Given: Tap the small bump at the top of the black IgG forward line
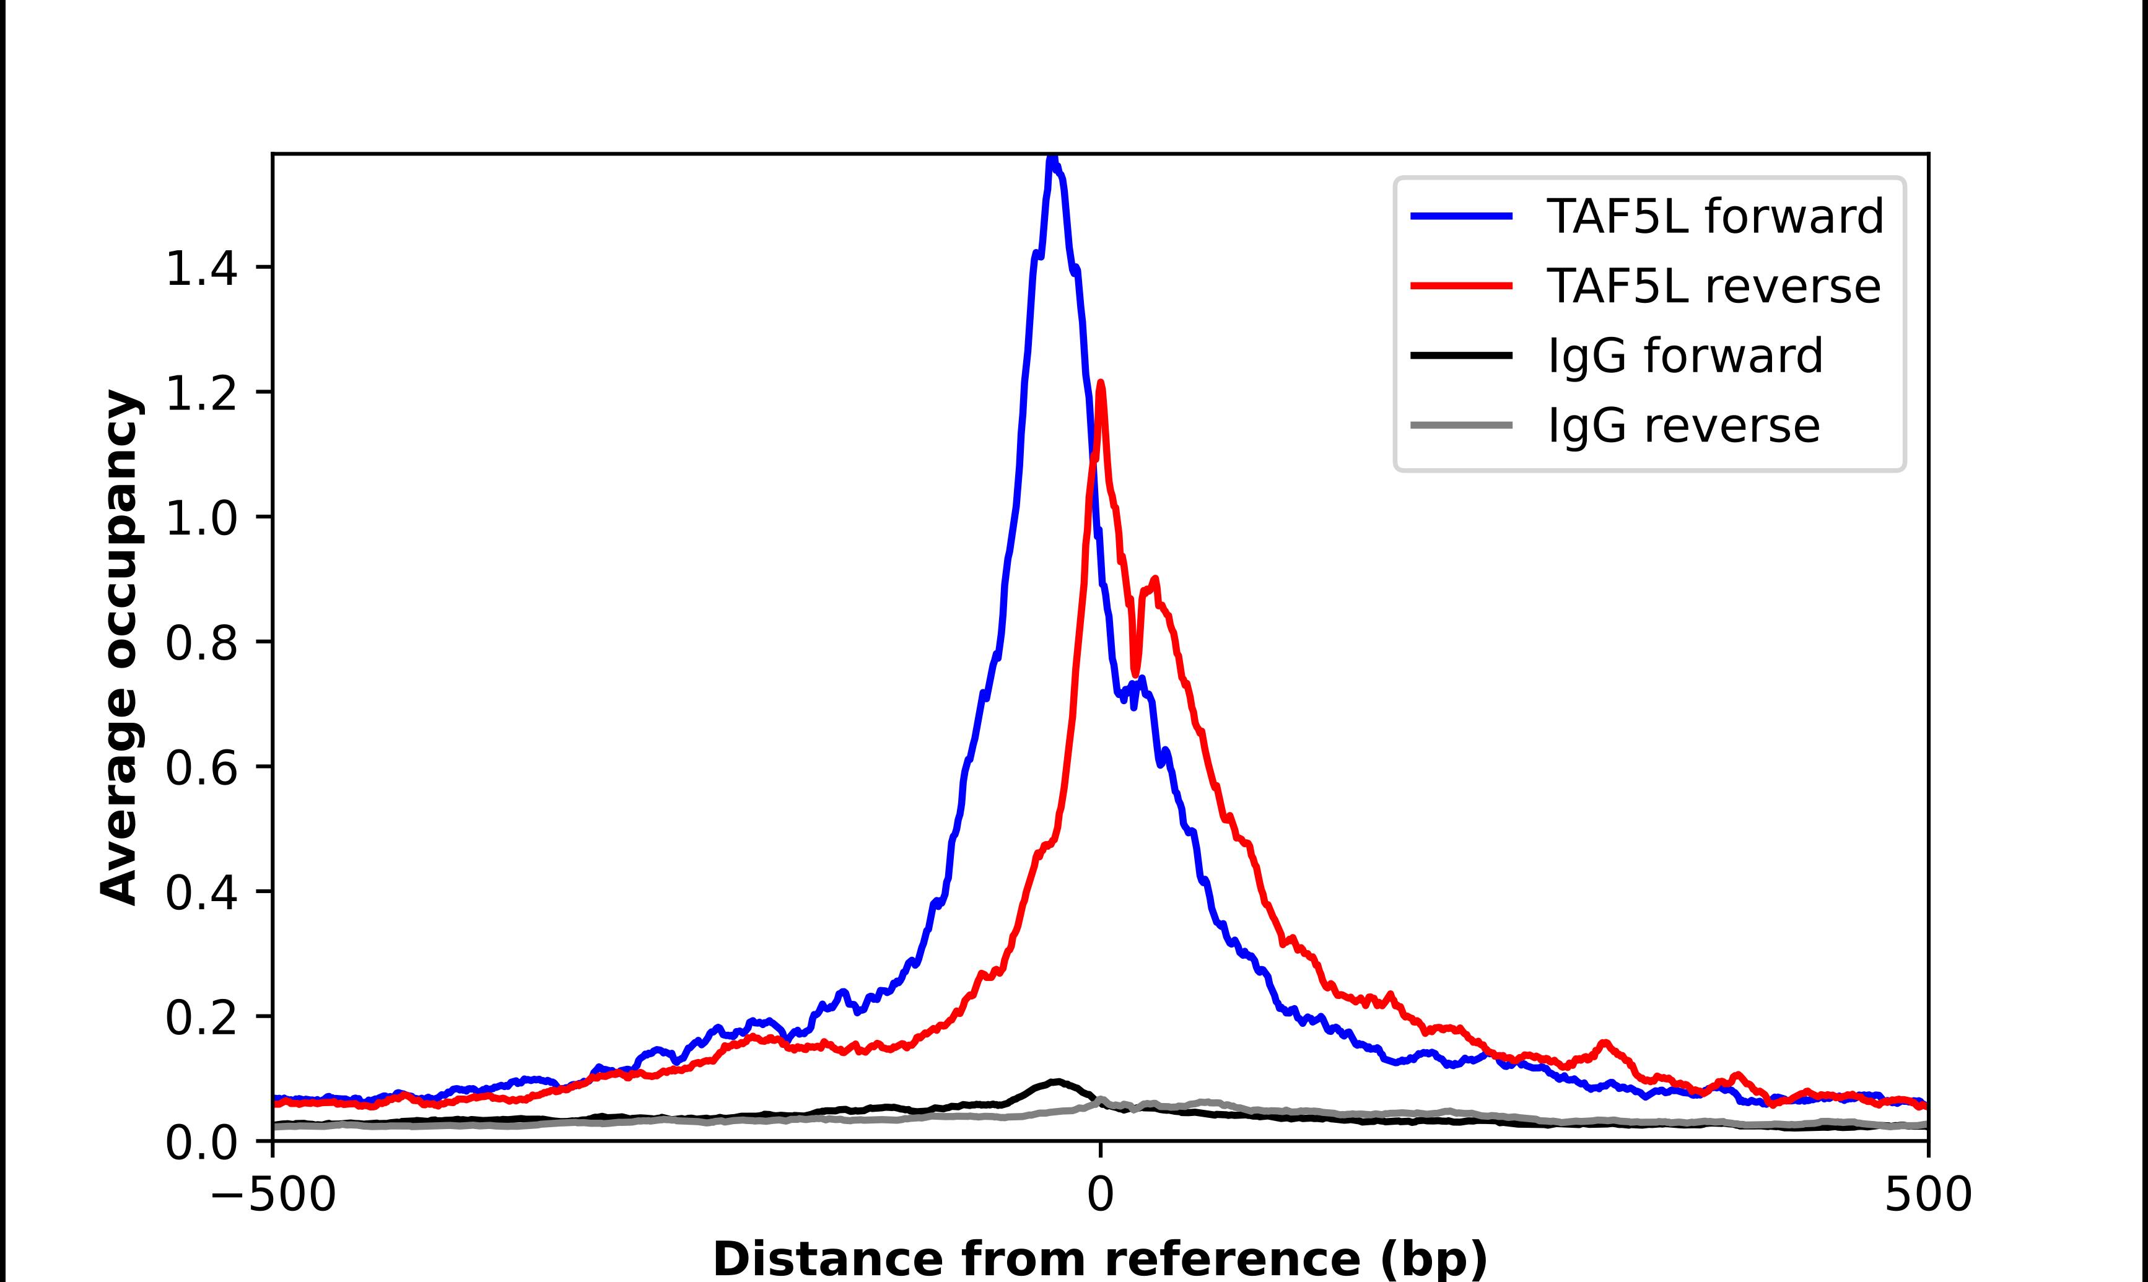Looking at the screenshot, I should tap(1055, 1081).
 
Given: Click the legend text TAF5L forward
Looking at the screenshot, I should tap(1715, 216).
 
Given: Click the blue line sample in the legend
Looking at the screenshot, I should tap(1461, 216).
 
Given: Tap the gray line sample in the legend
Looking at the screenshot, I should tap(1461, 425).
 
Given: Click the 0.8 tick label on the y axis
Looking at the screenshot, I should tap(201, 643).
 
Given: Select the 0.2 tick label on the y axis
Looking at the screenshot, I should tap(201, 1018).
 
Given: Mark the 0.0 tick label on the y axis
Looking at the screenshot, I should tap(201, 1143).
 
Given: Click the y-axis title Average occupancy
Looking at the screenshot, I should tap(119, 648).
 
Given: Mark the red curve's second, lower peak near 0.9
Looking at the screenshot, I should tap(1155, 580).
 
